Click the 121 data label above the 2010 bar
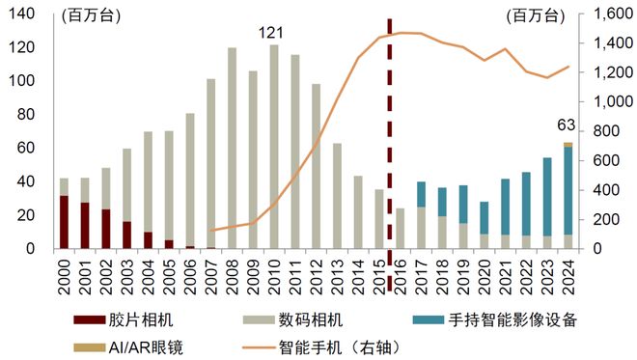269,34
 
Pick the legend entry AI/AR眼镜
133,342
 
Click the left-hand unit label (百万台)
84,15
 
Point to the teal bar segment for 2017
422,194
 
